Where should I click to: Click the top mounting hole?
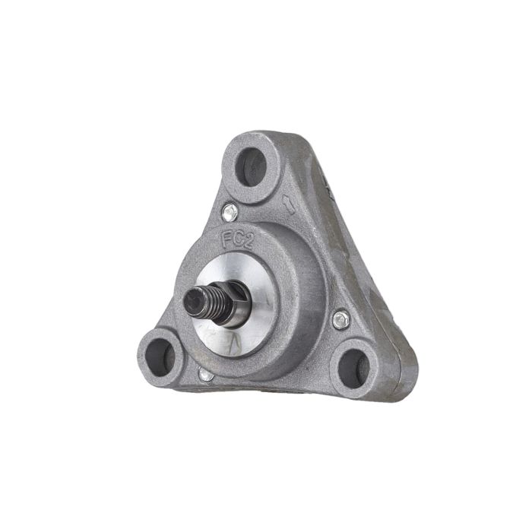tap(251, 167)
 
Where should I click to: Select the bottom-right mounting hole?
tap(353, 369)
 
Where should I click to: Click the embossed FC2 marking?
tap(237, 241)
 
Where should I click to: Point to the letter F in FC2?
tap(226, 239)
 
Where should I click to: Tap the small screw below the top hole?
tap(230, 212)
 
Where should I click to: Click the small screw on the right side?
tap(341, 320)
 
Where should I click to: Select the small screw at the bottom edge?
tap(206, 375)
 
